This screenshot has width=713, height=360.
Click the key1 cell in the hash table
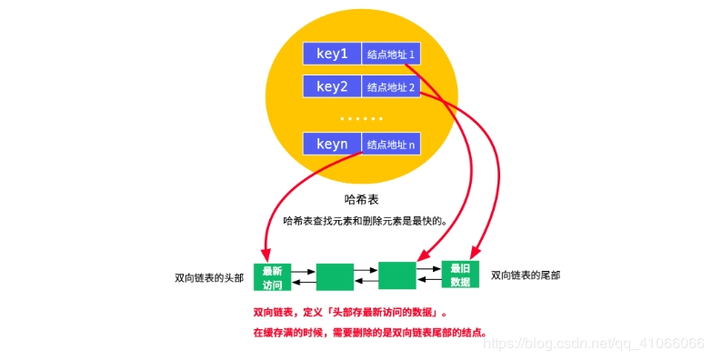332,54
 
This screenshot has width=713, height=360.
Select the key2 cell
332,87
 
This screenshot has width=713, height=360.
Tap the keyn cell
332,144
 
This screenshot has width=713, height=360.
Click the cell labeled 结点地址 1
391,55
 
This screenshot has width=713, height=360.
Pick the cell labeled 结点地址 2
391,87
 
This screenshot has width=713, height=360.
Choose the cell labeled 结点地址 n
391,144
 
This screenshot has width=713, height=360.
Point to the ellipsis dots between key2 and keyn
361,118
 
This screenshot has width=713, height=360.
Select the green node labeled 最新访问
273,276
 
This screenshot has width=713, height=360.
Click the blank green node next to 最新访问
335,276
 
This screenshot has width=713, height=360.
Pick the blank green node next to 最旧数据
397,275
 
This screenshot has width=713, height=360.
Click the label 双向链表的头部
210,277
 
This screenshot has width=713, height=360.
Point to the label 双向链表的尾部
527,275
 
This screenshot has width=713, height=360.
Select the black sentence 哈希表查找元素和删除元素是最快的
367,221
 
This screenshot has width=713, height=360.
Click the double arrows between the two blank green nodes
366,276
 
